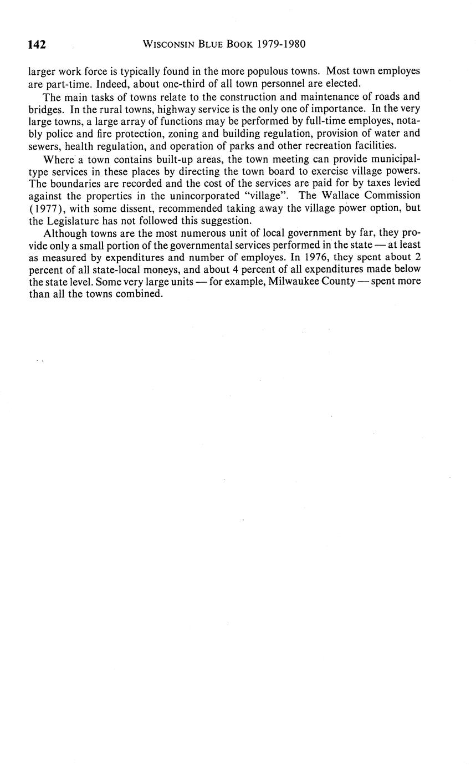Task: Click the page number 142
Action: point(37,44)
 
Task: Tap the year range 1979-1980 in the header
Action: point(281,44)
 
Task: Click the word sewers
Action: point(44,146)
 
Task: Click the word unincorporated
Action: point(201,195)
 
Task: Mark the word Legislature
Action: point(71,220)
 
